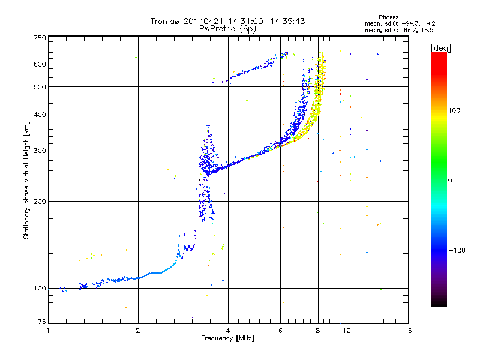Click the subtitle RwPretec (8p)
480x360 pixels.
click(x=227, y=29)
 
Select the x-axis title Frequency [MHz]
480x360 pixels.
click(x=227, y=338)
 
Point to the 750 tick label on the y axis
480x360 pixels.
click(x=40, y=38)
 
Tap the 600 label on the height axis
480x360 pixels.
click(x=40, y=64)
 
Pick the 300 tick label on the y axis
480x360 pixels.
click(x=40, y=151)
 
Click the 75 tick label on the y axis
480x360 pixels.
click(x=42, y=322)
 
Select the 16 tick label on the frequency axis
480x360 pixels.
click(x=408, y=331)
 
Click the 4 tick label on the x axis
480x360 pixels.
click(x=228, y=331)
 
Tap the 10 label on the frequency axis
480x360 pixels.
click(x=347, y=331)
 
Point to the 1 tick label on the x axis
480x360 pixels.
click(x=48, y=331)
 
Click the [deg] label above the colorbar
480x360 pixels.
click(x=440, y=48)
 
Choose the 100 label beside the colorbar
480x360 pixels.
click(x=454, y=110)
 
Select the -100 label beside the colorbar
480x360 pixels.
click(x=457, y=250)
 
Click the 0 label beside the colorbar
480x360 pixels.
click(x=450, y=181)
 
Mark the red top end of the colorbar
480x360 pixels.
click(x=439, y=54)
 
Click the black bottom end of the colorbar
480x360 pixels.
click(x=439, y=304)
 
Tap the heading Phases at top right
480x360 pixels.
click(x=388, y=17)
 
